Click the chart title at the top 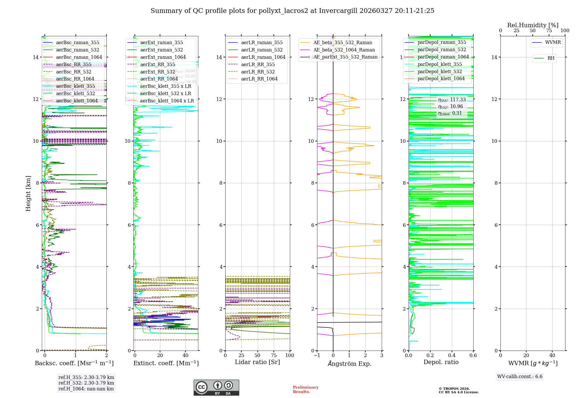click(x=292, y=11)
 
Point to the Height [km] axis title click(x=28, y=193)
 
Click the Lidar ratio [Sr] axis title click(x=257, y=362)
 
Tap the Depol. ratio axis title click(x=441, y=362)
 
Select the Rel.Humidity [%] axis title click(x=533, y=25)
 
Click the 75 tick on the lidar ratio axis click(x=274, y=356)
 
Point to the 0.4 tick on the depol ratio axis click(x=452, y=356)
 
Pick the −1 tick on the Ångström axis click(x=317, y=356)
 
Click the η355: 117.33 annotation click(x=452, y=100)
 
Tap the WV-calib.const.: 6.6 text click(x=520, y=377)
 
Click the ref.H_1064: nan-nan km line click(x=86, y=389)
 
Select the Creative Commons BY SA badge click(x=216, y=388)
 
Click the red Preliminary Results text click(x=305, y=390)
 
